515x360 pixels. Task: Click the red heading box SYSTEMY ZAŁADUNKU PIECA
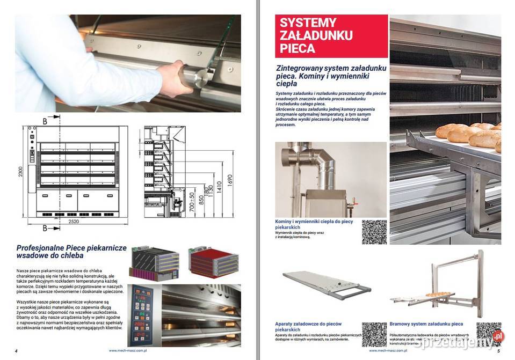click(x=331, y=36)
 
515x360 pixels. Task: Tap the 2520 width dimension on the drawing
click(x=77, y=221)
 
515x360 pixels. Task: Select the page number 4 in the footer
click(x=17, y=351)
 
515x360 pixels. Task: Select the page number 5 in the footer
click(x=498, y=351)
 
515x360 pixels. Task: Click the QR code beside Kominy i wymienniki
click(x=374, y=232)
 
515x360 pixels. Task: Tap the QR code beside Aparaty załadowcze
click(x=374, y=334)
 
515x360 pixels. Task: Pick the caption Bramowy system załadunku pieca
click(x=426, y=324)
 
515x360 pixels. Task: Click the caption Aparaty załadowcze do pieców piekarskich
click(x=308, y=327)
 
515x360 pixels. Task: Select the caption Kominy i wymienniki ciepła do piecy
click(x=314, y=224)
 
